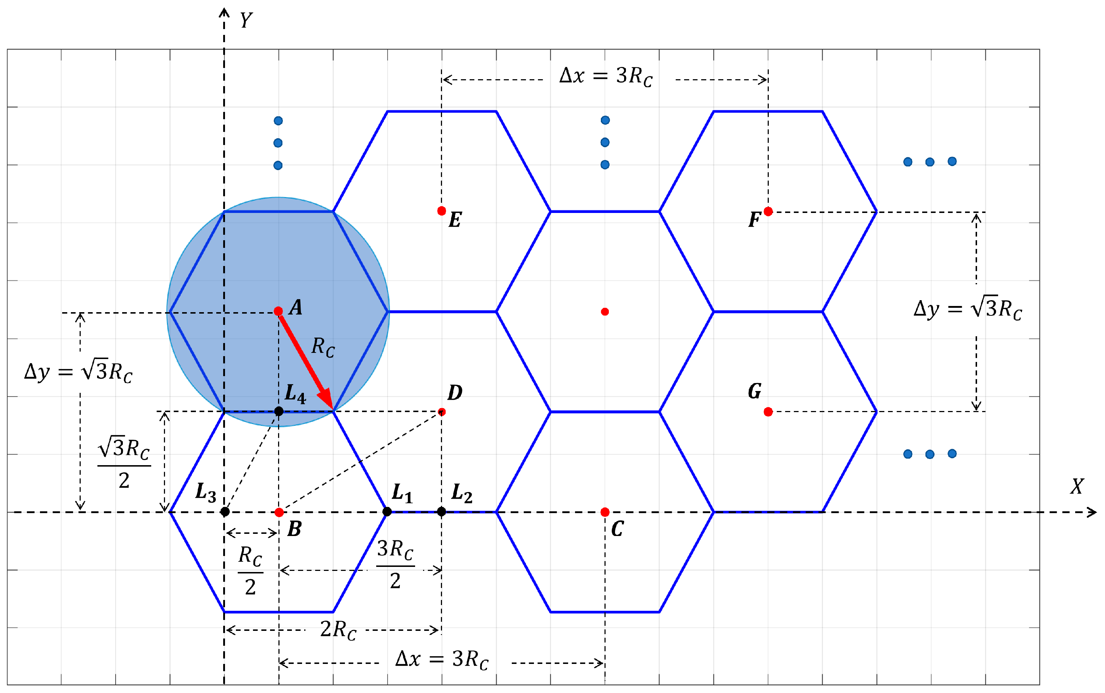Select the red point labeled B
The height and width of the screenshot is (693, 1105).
(279, 512)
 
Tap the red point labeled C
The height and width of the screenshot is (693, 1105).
(604, 512)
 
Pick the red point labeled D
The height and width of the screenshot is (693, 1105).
(441, 412)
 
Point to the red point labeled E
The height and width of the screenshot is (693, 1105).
(441, 211)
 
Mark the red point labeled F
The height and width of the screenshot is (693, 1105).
(768, 211)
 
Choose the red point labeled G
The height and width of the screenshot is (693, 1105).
(768, 412)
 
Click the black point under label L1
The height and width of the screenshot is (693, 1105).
(387, 512)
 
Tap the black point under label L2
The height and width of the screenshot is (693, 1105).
(441, 512)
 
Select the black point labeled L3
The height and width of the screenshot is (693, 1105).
(225, 512)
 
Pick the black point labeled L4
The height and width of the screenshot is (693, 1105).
(279, 411)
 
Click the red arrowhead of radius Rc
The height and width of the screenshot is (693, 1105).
(326, 398)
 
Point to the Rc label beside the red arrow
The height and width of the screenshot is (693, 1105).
(323, 347)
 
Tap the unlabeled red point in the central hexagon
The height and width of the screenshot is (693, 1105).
(604, 312)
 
